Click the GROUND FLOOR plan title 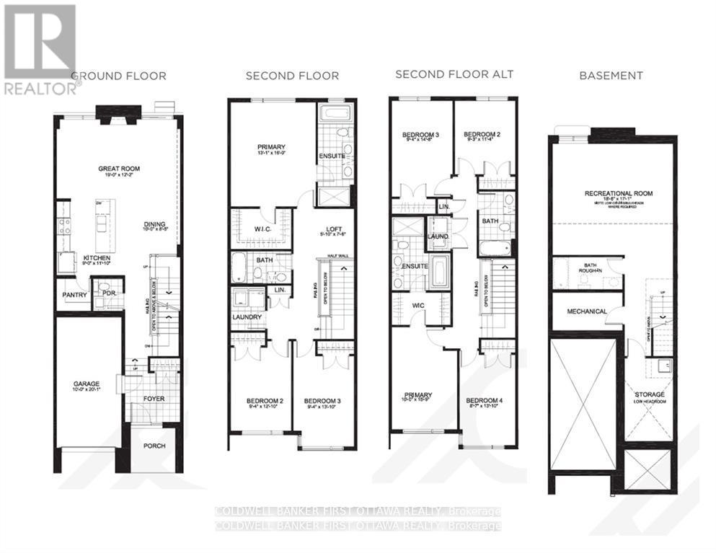click(x=118, y=76)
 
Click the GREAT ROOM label click(x=119, y=169)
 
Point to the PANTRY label click(x=74, y=295)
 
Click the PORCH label click(x=154, y=446)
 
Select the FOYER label click(x=153, y=397)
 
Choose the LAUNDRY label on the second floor click(x=247, y=317)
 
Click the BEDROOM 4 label click(x=484, y=401)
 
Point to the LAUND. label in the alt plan click(x=438, y=236)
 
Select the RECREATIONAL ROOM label click(x=614, y=193)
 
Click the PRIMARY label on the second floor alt click(x=417, y=395)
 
